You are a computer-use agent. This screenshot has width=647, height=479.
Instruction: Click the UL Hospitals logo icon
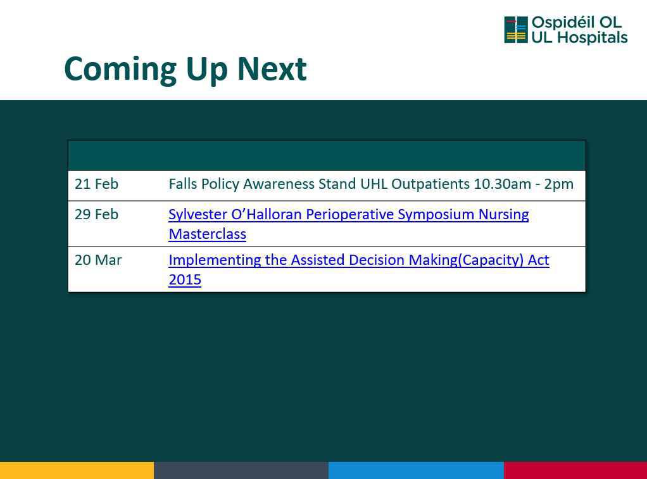click(516, 30)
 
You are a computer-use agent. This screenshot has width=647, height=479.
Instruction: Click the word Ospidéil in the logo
click(560, 23)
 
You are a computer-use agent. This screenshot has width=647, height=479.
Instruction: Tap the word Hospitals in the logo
click(593, 37)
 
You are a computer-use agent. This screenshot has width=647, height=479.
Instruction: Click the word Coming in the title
click(120, 70)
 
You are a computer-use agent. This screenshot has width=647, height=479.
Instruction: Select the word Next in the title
click(272, 68)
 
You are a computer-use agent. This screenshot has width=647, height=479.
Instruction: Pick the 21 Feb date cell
click(97, 184)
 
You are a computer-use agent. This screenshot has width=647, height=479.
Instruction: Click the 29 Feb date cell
click(97, 214)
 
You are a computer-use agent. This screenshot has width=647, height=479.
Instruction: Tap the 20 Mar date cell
click(98, 260)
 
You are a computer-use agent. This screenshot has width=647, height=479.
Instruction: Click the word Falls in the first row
click(183, 184)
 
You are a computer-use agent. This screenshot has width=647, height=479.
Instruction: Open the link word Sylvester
click(198, 215)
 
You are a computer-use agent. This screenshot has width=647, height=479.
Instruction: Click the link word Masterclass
click(208, 234)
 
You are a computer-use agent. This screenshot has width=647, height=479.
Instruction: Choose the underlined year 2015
click(185, 279)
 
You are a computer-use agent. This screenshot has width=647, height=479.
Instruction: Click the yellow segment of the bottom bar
click(77, 470)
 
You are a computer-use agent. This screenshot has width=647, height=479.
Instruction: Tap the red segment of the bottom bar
click(575, 470)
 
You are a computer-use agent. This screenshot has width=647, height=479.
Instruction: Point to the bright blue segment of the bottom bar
click(416, 470)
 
